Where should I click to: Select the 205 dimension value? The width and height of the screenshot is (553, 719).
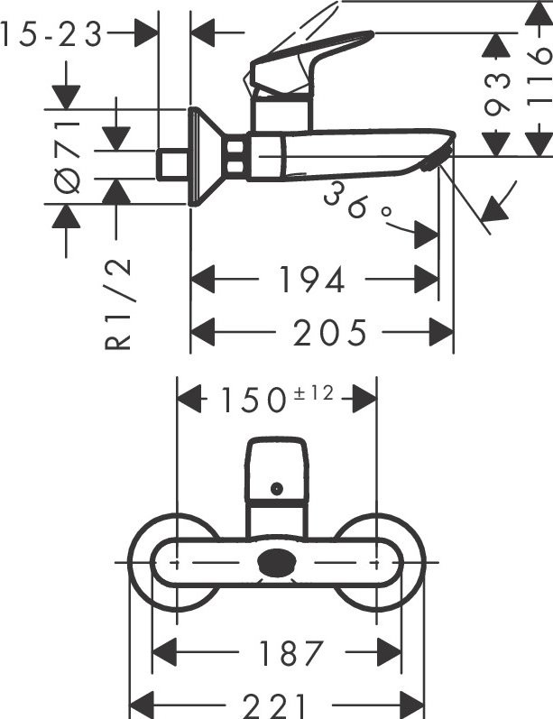coord(330,333)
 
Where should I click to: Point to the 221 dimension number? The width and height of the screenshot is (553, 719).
coord(276,705)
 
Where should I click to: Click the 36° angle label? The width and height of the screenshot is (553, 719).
coord(359,204)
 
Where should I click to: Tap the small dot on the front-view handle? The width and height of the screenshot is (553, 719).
coord(276,488)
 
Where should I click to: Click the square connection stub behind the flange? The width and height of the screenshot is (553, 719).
coord(172,163)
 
